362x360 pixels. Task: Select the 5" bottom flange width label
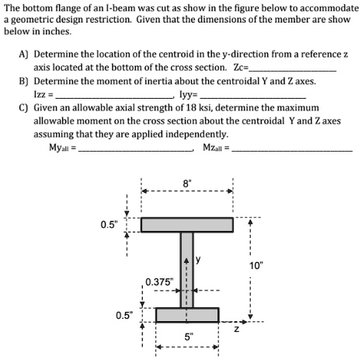pyautogui.click(x=186, y=338)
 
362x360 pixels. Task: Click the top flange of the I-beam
pyautogui.click(x=186, y=225)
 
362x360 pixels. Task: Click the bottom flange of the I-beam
pyautogui.click(x=186, y=315)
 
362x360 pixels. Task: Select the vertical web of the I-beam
pyautogui.click(x=186, y=270)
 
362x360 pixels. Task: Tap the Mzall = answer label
pyautogui.click(x=217, y=148)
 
